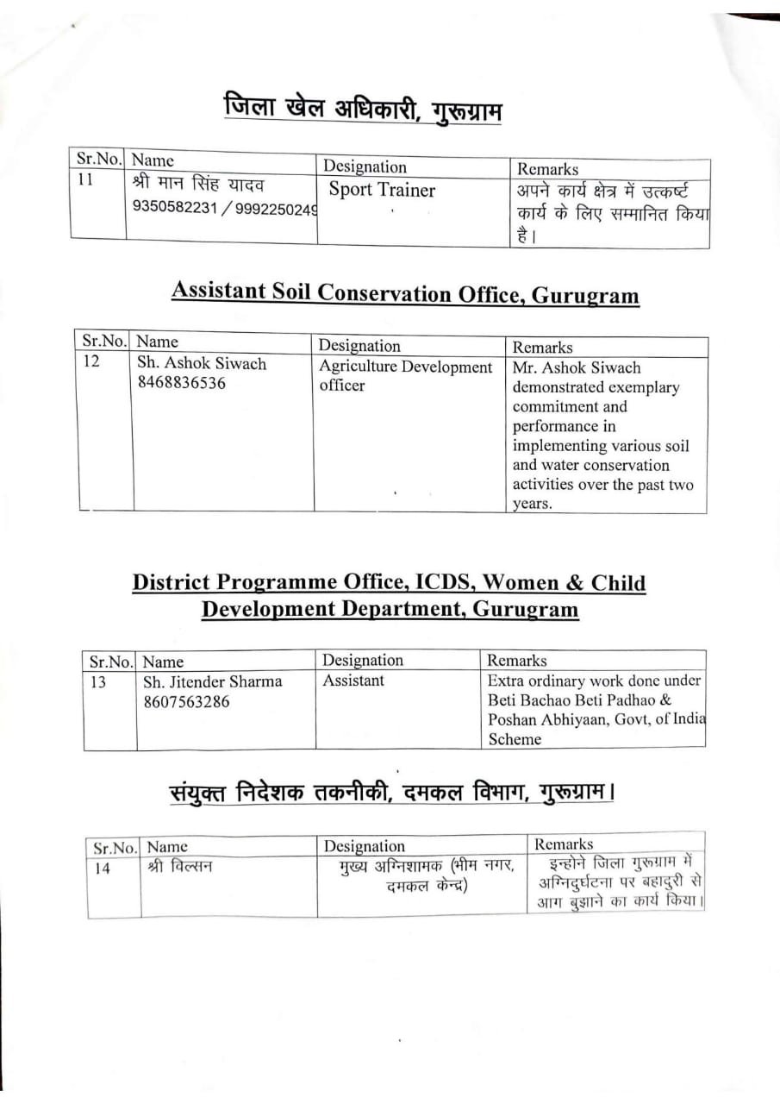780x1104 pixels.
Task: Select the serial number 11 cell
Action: (85, 183)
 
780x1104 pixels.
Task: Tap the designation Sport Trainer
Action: (382, 191)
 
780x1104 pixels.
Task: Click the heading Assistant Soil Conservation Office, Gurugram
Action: (405, 294)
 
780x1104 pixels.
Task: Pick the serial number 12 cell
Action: (91, 362)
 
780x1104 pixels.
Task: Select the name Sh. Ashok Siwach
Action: (202, 364)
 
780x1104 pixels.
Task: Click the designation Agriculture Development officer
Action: (405, 375)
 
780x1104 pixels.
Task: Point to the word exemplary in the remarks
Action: (638, 387)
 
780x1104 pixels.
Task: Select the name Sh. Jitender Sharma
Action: (212, 681)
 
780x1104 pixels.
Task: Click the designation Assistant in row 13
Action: (353, 681)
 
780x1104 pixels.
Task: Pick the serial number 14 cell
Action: (102, 869)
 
